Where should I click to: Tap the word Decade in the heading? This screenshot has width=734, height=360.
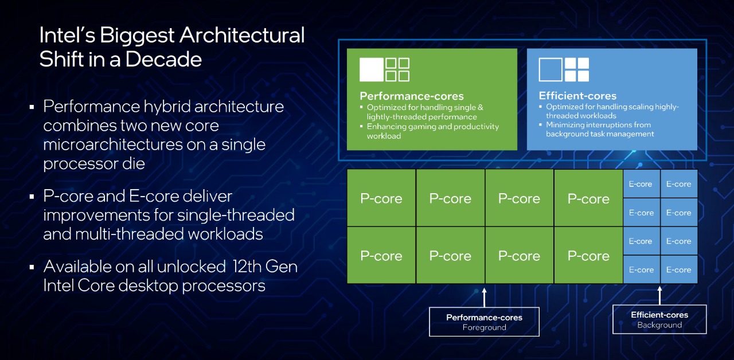click(x=163, y=59)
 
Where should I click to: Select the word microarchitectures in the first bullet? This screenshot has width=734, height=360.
click(x=113, y=144)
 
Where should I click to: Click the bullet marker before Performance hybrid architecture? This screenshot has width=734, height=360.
click(x=32, y=107)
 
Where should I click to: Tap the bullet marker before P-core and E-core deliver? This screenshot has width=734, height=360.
click(x=32, y=197)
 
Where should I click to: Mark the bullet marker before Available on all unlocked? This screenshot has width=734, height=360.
click(x=32, y=267)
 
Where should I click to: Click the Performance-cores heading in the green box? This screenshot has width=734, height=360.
click(x=412, y=96)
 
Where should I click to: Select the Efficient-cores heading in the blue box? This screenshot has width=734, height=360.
click(x=577, y=96)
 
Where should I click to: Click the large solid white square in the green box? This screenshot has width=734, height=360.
click(x=371, y=69)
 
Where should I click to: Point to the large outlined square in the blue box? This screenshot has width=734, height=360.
click(x=550, y=69)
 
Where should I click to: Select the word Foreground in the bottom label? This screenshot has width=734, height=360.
click(x=485, y=327)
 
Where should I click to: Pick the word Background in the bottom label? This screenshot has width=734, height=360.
click(x=659, y=325)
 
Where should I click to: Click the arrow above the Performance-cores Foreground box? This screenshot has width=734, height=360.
click(x=485, y=298)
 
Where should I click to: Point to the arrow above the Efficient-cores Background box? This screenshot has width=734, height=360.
click(x=659, y=295)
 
